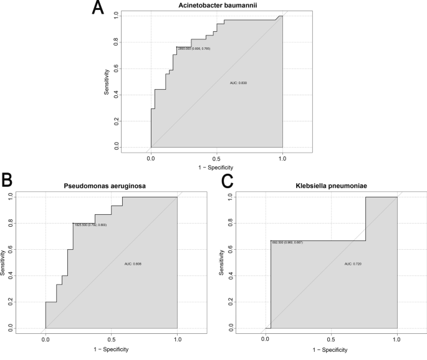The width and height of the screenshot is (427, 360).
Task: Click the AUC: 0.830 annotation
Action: point(239,82)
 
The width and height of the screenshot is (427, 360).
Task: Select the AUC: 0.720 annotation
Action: point(353,264)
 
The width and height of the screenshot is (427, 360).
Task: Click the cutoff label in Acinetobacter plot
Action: point(193,49)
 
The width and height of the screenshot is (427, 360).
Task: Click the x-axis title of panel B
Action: point(111,349)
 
